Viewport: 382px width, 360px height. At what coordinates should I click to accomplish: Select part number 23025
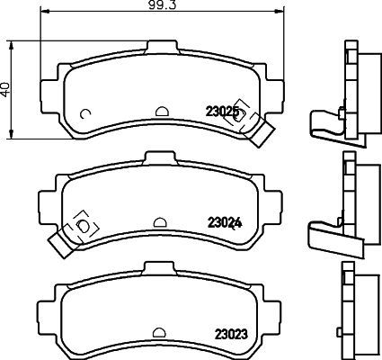click(x=222, y=112)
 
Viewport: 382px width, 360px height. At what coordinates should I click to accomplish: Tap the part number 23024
click(x=222, y=221)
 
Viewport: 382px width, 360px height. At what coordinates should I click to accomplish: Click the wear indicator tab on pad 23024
click(x=61, y=240)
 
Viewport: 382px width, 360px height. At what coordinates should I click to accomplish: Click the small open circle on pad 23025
click(x=84, y=113)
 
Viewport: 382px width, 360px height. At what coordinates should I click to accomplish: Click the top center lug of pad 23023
click(x=161, y=267)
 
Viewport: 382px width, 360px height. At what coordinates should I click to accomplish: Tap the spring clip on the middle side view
click(x=324, y=231)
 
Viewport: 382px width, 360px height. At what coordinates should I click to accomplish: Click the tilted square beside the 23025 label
click(x=240, y=106)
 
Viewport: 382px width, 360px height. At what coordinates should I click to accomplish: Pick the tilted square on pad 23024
click(x=84, y=221)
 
